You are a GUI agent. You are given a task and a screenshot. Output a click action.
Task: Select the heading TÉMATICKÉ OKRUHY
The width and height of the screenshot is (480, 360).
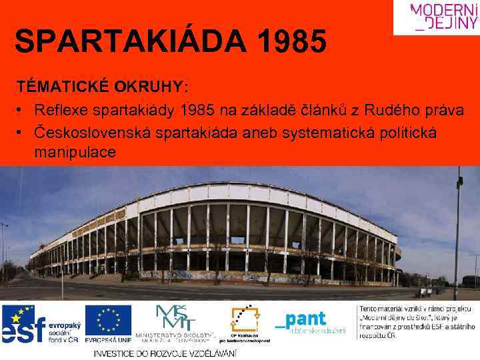click(102, 87)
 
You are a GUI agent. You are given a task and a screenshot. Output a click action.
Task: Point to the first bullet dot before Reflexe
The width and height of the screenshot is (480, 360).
click(22, 110)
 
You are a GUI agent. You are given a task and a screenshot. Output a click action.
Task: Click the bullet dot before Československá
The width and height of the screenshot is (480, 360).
click(22, 132)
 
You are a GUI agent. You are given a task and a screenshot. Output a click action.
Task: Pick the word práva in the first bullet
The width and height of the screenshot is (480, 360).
click(442, 110)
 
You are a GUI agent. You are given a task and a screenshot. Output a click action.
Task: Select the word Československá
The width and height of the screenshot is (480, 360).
click(92, 132)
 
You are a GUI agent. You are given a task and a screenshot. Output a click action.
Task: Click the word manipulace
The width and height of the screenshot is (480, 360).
click(75, 153)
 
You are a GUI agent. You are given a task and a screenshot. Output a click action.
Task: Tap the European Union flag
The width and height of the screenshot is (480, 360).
click(108, 320)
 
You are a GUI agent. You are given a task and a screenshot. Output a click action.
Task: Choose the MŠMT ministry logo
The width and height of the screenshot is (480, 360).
click(175, 323)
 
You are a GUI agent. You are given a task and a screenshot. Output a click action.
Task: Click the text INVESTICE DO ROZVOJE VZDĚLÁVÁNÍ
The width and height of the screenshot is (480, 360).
click(165, 353)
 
